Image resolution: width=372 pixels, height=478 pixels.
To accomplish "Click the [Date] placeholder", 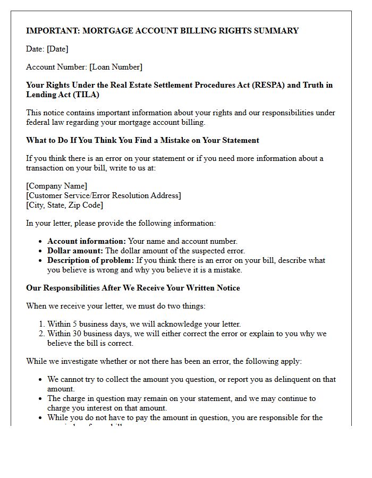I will point(57,49).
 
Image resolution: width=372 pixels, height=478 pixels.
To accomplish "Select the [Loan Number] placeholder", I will point(116,67).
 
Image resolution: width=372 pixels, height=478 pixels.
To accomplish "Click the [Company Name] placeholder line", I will point(57,186).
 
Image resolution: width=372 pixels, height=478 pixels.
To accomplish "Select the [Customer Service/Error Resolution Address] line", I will point(104,195).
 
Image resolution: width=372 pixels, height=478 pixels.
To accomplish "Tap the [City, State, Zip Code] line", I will point(64,205).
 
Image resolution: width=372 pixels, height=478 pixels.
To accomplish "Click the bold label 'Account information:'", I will point(87,241).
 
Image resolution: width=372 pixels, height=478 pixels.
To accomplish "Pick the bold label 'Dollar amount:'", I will point(75,251).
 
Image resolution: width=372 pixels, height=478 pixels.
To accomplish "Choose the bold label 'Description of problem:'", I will point(91,260).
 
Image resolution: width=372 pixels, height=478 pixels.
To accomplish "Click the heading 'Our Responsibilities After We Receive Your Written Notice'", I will point(133,288).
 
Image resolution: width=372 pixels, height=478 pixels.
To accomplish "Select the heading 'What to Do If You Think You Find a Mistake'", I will point(142,140).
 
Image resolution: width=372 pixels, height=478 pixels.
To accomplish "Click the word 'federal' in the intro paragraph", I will point(39,122).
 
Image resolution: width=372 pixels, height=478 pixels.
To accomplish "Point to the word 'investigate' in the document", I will point(76,361).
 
